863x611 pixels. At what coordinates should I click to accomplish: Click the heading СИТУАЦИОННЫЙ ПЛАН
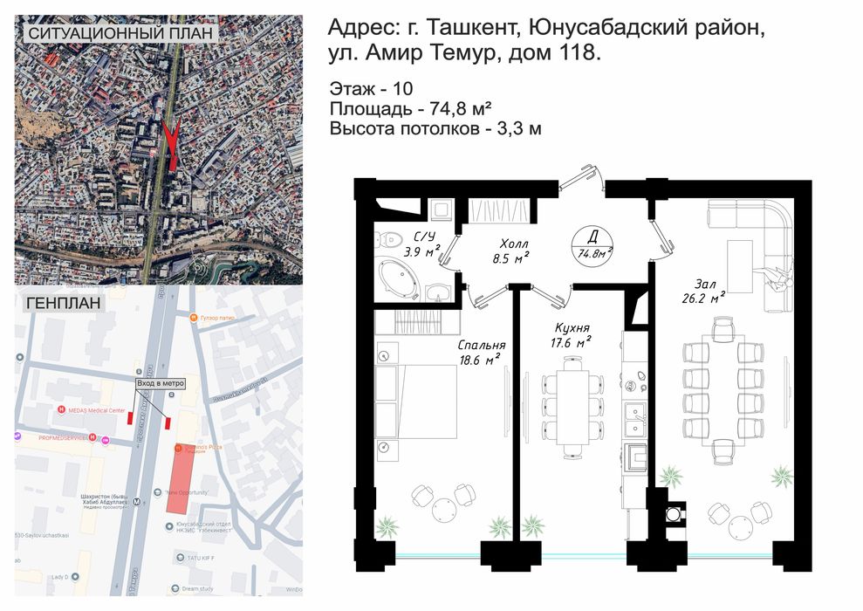coord(121,33)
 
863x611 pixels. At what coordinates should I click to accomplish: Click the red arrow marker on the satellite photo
coord(172,143)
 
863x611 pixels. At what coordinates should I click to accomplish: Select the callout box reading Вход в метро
coord(161,384)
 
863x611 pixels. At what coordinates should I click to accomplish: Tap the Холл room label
coord(511,251)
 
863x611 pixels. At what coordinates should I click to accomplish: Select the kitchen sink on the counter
coord(635,410)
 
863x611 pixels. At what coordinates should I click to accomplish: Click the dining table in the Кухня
coord(573,407)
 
